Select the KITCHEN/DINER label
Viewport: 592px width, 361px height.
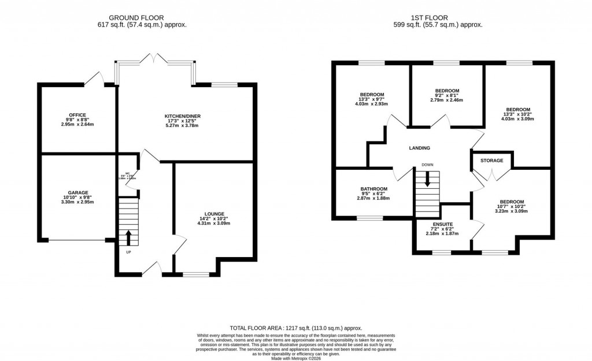183,116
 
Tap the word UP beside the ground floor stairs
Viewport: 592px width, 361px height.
128,252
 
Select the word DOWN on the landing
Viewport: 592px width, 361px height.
427,164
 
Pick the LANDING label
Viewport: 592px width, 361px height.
419,148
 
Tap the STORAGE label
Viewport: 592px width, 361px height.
490,161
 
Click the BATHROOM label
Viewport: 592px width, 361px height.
374,189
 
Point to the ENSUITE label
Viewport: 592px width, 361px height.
442,224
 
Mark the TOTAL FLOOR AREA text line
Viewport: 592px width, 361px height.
295,327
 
